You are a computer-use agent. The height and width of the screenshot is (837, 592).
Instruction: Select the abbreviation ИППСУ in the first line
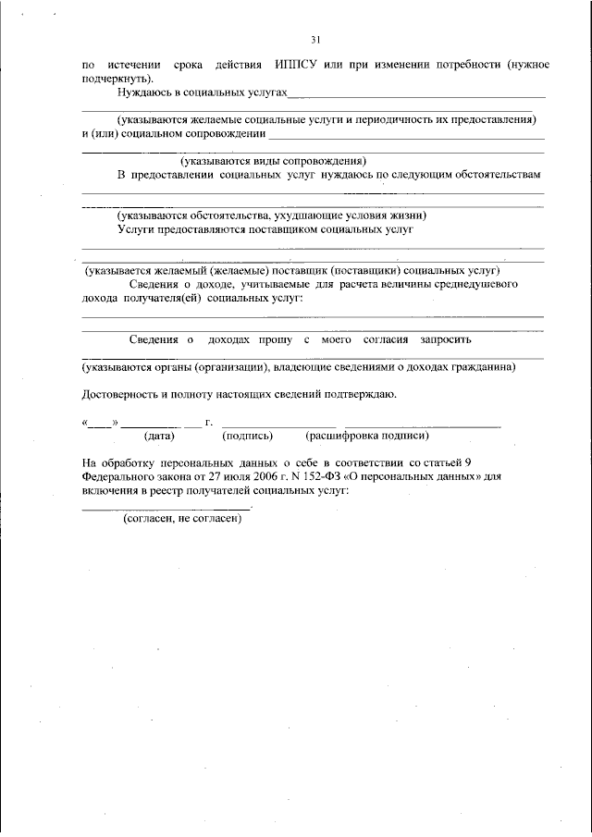click(x=295, y=66)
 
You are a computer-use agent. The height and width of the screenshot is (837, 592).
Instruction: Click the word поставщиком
click(x=282, y=228)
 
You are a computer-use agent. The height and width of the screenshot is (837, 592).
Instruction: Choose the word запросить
click(x=451, y=339)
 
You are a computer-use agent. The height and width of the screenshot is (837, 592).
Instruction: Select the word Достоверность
click(x=119, y=394)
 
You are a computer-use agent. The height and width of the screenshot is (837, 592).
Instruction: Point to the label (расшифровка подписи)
click(x=367, y=435)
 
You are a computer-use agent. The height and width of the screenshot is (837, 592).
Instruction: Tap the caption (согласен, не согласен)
click(x=182, y=519)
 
